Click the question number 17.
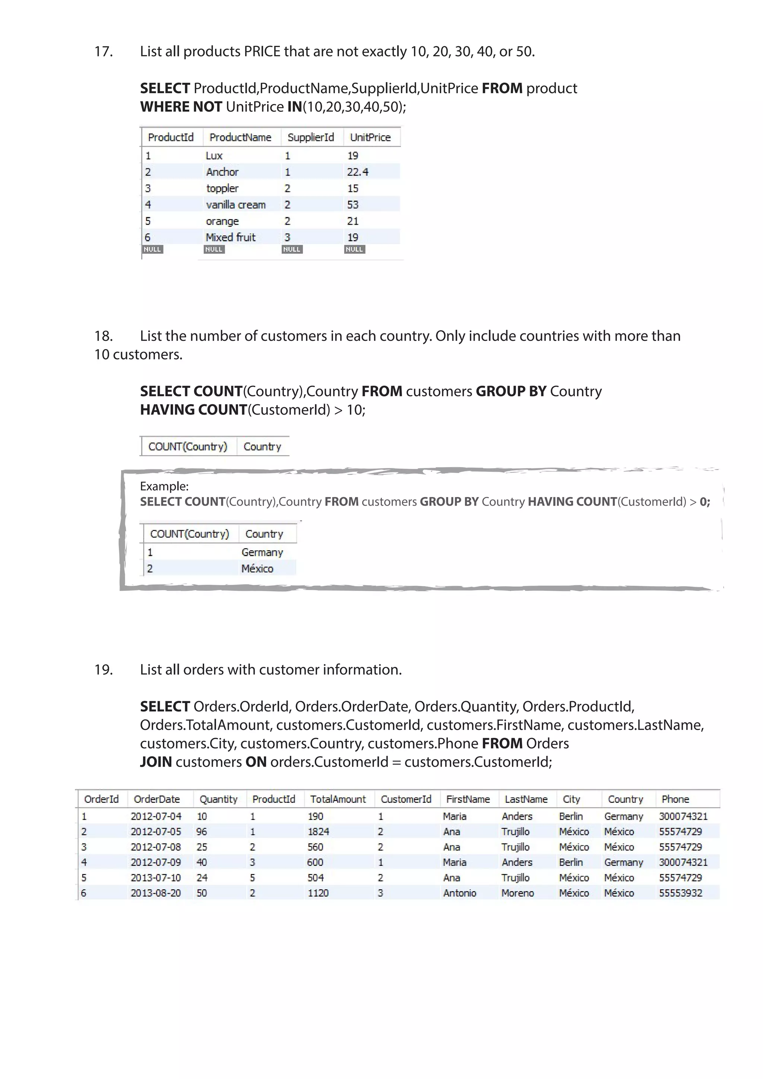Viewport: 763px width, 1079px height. click(103, 51)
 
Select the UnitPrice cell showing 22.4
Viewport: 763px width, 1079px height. click(358, 172)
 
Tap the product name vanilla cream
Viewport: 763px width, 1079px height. click(236, 205)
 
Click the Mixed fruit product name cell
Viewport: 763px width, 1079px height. click(231, 237)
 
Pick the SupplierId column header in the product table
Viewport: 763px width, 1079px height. click(311, 137)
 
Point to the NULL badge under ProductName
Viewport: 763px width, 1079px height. click(214, 250)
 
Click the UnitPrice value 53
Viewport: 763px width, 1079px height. click(353, 205)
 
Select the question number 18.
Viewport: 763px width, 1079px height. click(103, 336)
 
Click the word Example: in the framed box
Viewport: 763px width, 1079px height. click(164, 486)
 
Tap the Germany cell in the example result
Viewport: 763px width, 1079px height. click(262, 553)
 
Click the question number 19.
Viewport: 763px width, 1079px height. click(103, 670)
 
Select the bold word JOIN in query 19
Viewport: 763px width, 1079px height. click(156, 762)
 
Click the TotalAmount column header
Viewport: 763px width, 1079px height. click(338, 800)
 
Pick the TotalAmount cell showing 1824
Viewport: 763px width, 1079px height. click(318, 832)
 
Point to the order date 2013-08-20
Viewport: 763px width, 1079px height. click(155, 893)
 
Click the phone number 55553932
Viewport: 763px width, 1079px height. click(680, 893)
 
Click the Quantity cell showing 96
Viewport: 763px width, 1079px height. click(202, 832)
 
